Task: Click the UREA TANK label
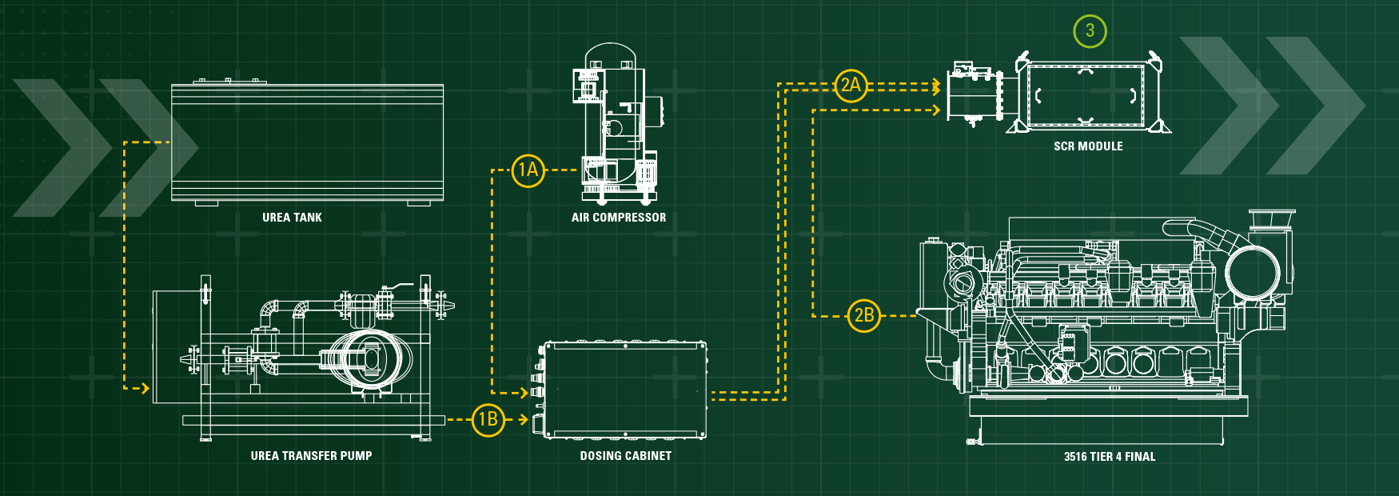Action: [292, 218]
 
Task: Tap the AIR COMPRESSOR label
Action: [618, 218]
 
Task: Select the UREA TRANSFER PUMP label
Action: [311, 456]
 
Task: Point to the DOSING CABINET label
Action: [625, 456]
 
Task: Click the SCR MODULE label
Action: [1087, 146]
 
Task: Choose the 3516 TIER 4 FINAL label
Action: [1109, 457]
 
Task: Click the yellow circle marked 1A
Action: [528, 170]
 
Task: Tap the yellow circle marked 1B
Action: [488, 419]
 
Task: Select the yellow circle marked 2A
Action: [851, 85]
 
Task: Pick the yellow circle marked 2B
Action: [863, 315]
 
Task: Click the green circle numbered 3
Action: [1090, 31]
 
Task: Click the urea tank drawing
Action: [307, 142]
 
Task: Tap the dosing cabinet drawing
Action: [625, 390]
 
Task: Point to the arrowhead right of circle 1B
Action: [524, 419]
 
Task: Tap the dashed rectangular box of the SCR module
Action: [1086, 96]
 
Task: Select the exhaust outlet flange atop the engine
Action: [1271, 218]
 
